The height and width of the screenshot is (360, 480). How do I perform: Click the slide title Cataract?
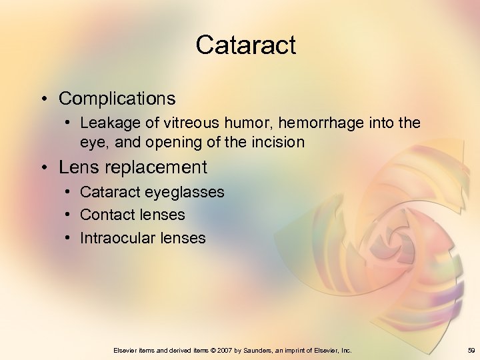(245, 45)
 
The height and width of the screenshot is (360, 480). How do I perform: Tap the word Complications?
(117, 99)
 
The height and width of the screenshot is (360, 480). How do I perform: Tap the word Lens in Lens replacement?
(77, 167)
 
